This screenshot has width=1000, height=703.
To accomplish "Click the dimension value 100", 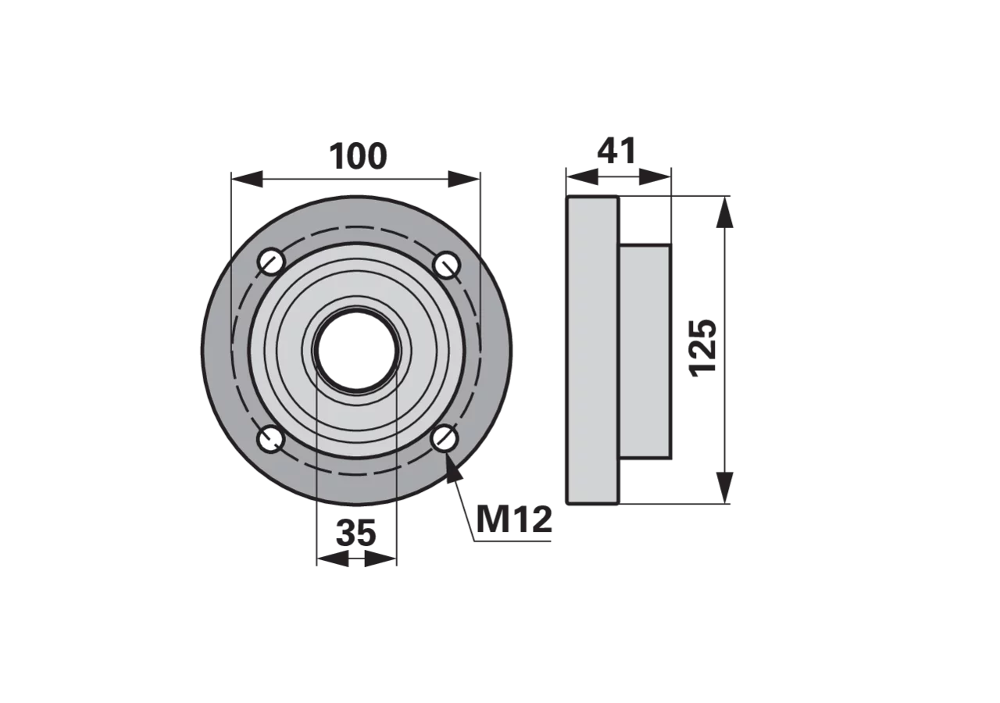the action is pyautogui.click(x=358, y=156).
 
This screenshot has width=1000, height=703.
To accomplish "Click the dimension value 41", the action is pyautogui.click(x=616, y=151).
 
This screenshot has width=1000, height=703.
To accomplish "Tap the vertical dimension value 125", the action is pyautogui.click(x=702, y=348).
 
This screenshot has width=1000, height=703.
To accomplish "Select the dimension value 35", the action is pyautogui.click(x=355, y=533).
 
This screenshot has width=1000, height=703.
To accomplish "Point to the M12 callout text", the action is pyautogui.click(x=514, y=520).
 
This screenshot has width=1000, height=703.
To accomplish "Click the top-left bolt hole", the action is pyautogui.click(x=271, y=262).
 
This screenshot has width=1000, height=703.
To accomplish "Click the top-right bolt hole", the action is pyautogui.click(x=447, y=265).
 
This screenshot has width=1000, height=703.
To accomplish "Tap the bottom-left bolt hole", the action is pyautogui.click(x=270, y=439).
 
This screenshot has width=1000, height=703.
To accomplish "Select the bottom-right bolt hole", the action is pyautogui.click(x=445, y=438).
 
